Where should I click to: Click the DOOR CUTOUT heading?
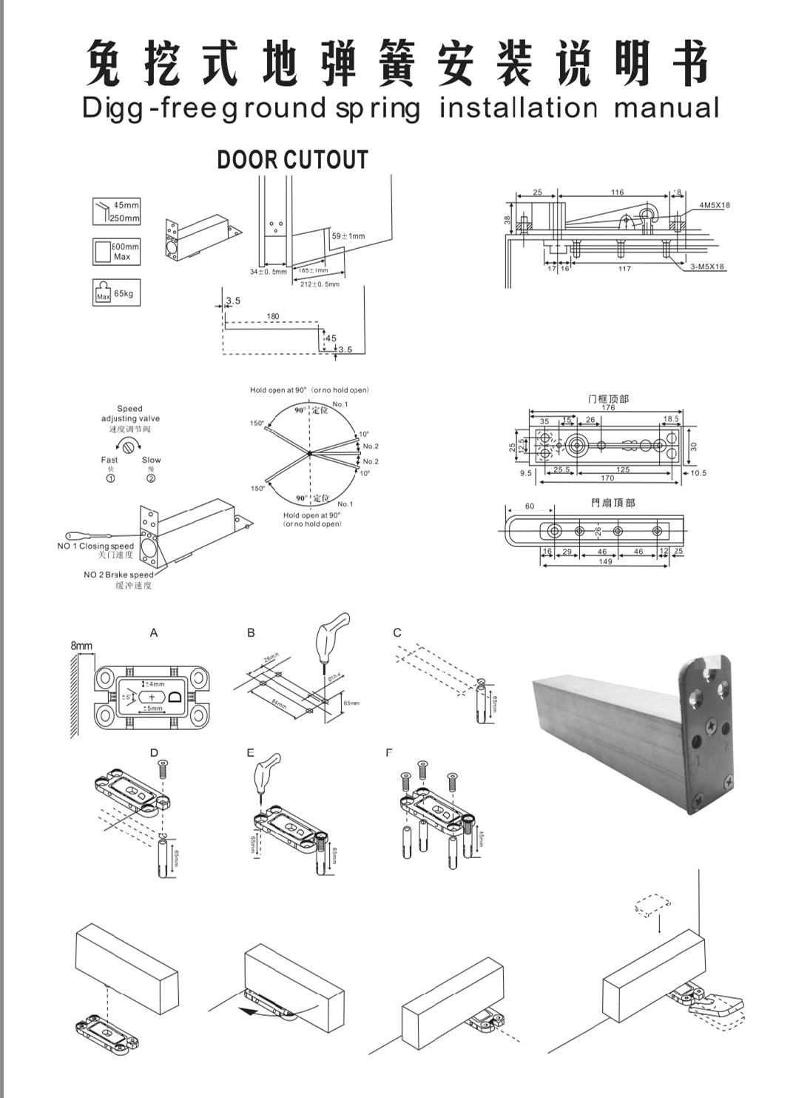[292, 160]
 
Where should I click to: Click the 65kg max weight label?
[124, 294]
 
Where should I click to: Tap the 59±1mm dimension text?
[348, 236]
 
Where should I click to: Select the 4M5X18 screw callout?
[714, 205]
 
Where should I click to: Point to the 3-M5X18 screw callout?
[707, 267]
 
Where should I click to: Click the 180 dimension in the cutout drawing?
[273, 316]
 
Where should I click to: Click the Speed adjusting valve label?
[130, 414]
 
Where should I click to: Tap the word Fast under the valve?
[109, 460]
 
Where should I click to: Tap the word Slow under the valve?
[151, 460]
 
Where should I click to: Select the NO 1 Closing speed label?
[96, 546]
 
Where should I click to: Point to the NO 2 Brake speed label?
[118, 575]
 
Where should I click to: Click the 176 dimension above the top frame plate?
[608, 407]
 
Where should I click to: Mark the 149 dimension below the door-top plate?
[605, 562]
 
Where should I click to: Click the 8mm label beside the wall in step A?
[81, 646]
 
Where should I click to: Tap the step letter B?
[251, 632]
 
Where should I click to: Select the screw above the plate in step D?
[163, 771]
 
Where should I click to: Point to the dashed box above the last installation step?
[653, 905]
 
